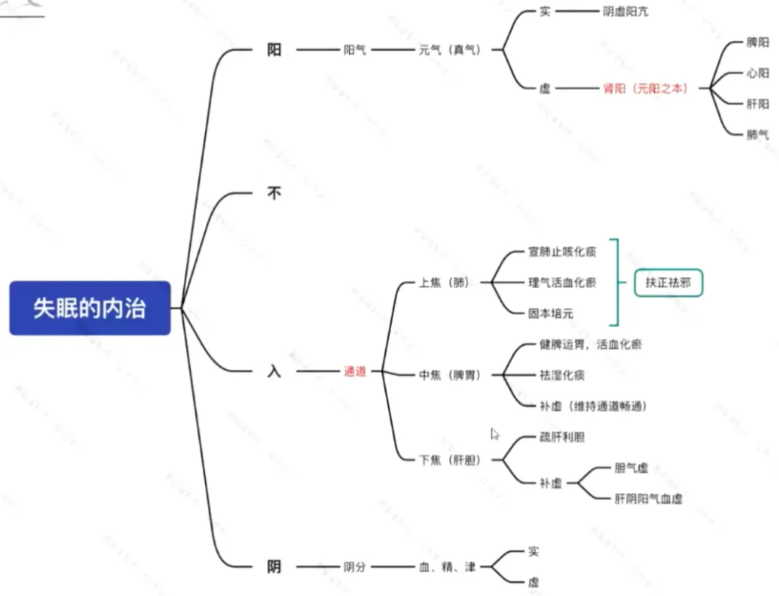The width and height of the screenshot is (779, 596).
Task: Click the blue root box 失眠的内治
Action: (x=89, y=308)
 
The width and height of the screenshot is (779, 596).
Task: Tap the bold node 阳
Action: (x=274, y=50)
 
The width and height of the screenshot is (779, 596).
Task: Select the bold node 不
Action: (x=274, y=193)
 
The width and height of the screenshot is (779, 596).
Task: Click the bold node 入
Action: (x=274, y=373)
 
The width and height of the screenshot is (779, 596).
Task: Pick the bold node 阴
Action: (x=274, y=567)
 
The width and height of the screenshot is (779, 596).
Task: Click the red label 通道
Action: (x=355, y=373)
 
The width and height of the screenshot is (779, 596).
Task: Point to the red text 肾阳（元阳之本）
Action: (x=645, y=89)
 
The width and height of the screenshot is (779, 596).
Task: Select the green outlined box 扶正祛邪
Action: (x=668, y=283)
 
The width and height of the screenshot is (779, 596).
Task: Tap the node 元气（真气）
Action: (x=449, y=50)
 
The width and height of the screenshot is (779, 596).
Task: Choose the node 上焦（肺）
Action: (x=444, y=283)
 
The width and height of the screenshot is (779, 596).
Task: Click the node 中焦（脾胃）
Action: (x=449, y=375)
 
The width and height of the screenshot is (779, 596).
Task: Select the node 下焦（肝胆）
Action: (x=449, y=461)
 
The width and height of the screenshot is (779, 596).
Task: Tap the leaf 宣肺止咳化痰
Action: (x=562, y=252)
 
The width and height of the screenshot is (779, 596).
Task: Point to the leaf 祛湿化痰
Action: (x=562, y=375)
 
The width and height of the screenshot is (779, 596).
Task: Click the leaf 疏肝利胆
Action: (x=562, y=437)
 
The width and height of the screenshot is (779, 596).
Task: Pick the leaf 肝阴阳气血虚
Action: (x=648, y=499)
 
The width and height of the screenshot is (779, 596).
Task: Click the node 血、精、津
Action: (x=447, y=567)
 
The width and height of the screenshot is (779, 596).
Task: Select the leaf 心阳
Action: (x=757, y=74)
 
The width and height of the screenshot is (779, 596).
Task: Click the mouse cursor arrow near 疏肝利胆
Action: (x=495, y=434)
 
